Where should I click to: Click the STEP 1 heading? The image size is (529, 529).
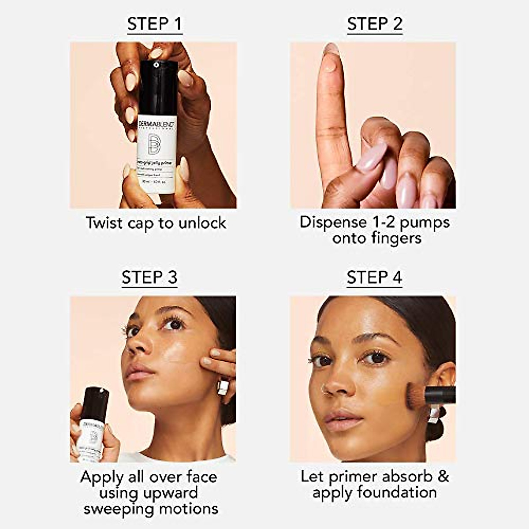pyautogui.click(x=154, y=24)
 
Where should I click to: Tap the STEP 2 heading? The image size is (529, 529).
pyautogui.click(x=375, y=24)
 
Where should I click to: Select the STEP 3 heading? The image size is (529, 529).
pyautogui.click(x=149, y=278)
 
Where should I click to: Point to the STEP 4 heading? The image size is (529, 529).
pyautogui.click(x=374, y=278)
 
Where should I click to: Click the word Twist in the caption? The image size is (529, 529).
pyautogui.click(x=104, y=223)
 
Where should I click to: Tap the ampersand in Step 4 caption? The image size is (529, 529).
pyautogui.click(x=443, y=476)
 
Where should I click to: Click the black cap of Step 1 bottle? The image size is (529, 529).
pyautogui.click(x=158, y=88)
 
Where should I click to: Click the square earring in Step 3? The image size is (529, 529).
pyautogui.click(x=223, y=387)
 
